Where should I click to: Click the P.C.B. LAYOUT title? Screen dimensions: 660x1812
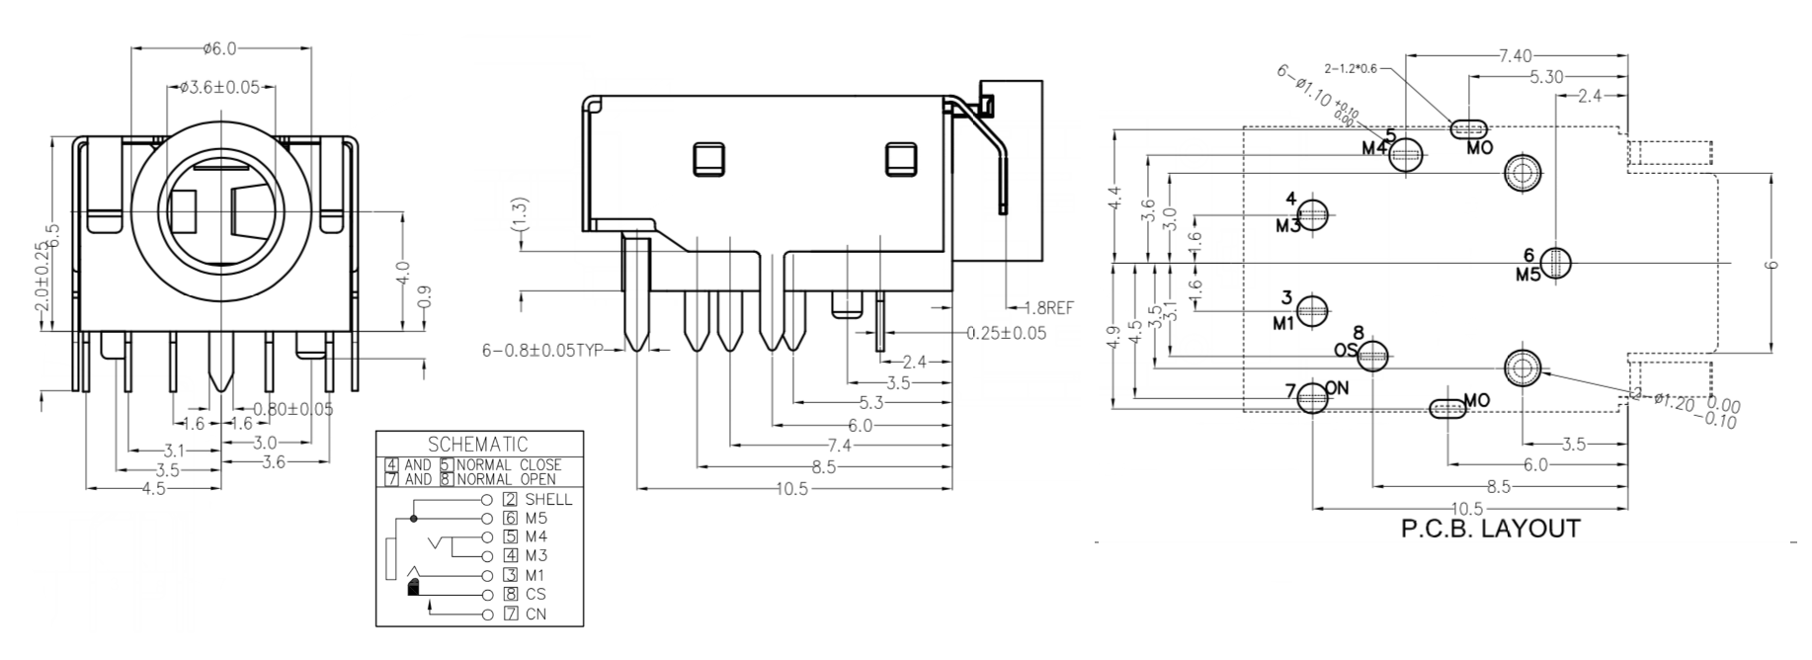click(x=1490, y=530)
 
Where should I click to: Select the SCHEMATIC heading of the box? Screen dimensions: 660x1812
click(x=479, y=445)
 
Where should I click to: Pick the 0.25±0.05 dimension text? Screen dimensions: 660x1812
click(x=1006, y=333)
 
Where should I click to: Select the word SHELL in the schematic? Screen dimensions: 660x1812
click(x=548, y=499)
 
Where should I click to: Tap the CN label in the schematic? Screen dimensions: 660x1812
click(x=535, y=614)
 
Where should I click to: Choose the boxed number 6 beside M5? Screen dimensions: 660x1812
click(x=511, y=518)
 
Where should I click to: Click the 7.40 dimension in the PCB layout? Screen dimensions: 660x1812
click(x=1516, y=56)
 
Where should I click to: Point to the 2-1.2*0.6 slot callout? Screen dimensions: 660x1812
click(x=1353, y=69)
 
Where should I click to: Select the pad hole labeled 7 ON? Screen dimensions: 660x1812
click(x=1312, y=398)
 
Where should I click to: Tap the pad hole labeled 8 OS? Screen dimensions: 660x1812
click(x=1372, y=357)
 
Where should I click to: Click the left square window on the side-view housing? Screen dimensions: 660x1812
click(x=708, y=159)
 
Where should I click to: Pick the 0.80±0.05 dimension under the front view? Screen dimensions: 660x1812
click(x=293, y=408)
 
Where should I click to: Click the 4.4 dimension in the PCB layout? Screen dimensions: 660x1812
click(x=1115, y=197)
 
